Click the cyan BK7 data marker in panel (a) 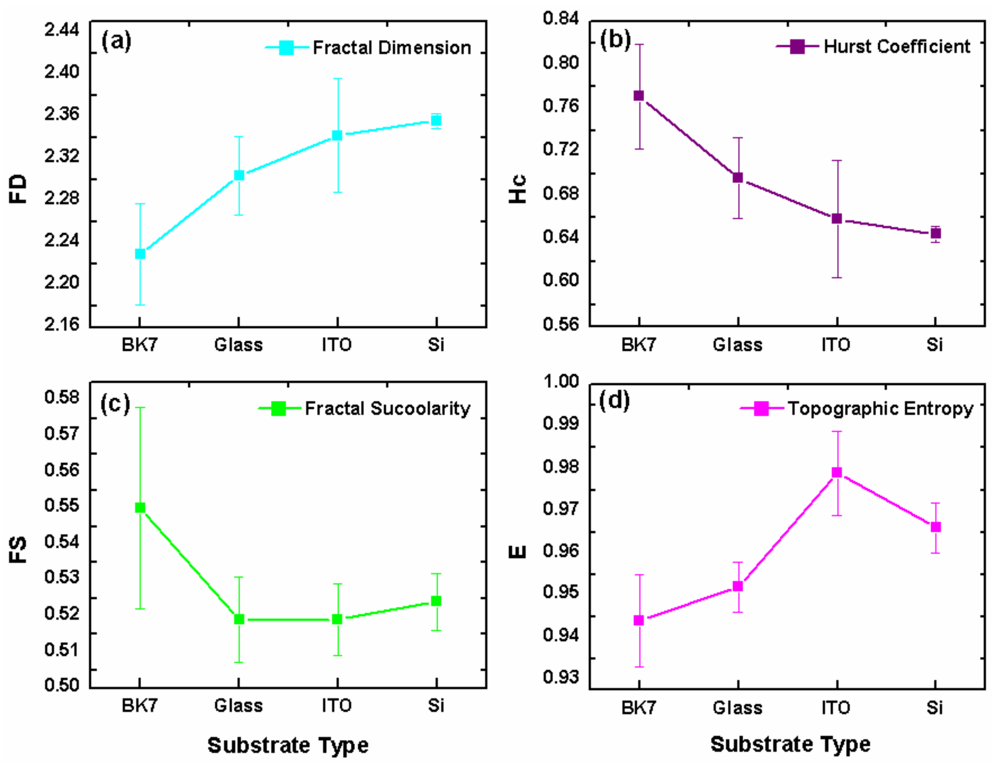tap(140, 254)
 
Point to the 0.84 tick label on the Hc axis tap(561, 19)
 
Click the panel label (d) tap(614, 401)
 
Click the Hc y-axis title tap(517, 189)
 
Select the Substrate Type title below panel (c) tap(288, 745)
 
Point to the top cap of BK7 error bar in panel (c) tap(140, 407)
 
